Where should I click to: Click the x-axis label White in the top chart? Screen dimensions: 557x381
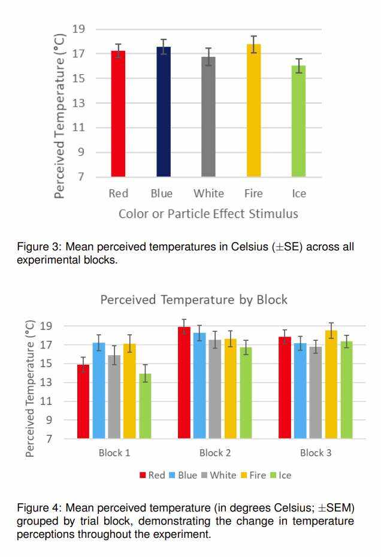click(208, 193)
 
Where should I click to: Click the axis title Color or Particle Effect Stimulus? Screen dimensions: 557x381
click(208, 214)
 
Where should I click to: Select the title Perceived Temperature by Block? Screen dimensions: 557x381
click(193, 299)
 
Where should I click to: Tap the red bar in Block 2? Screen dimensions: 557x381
click(184, 383)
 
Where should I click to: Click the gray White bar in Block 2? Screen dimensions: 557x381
click(214, 389)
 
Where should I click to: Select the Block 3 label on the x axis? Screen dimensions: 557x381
click(316, 453)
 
